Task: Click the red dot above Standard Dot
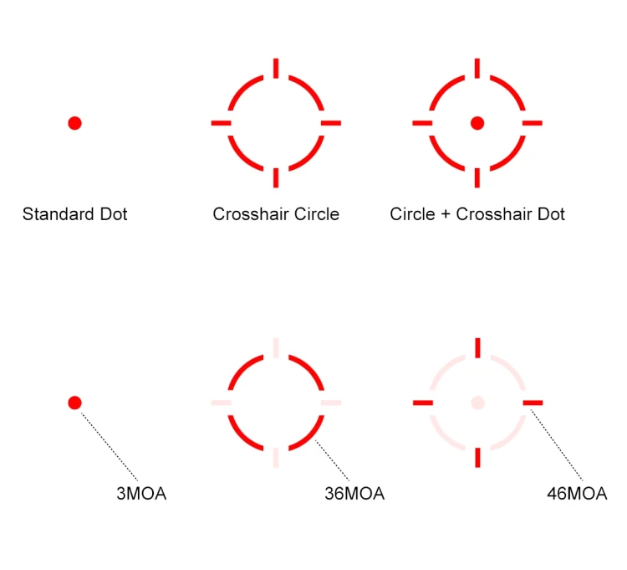[x=74, y=123]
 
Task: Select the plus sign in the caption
[x=446, y=214]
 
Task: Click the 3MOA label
[x=141, y=494]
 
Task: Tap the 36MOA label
[x=354, y=494]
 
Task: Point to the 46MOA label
[x=577, y=494]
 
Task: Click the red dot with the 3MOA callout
[x=74, y=403]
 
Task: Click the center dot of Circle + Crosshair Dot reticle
[x=477, y=123]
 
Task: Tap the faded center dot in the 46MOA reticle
[x=477, y=403]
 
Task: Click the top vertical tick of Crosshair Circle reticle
[x=276, y=68]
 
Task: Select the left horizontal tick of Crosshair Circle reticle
[x=222, y=123]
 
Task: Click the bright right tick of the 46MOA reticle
[x=533, y=403]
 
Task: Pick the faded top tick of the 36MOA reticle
[x=276, y=347]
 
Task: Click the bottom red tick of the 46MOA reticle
[x=477, y=458]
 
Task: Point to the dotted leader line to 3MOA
[x=110, y=446]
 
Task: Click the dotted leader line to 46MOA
[x=556, y=444]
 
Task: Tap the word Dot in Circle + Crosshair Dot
[x=551, y=214]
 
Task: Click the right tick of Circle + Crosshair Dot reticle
[x=533, y=123]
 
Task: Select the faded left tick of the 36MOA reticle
[x=222, y=403]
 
